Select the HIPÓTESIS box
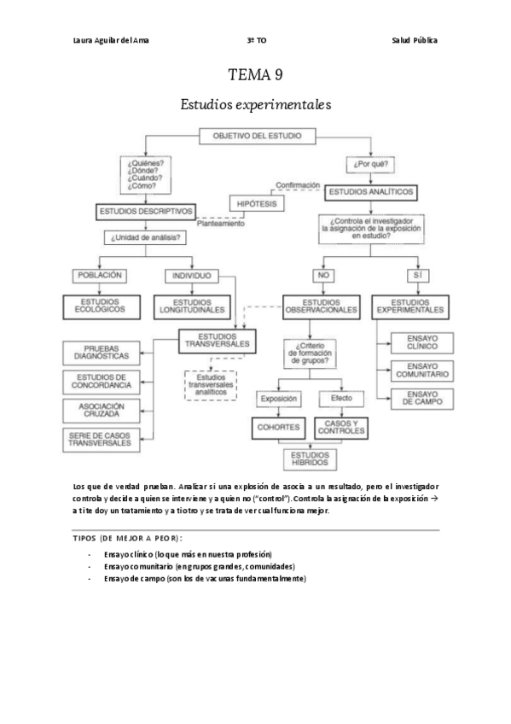257,203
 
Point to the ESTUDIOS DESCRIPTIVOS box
147,211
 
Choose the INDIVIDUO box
191,276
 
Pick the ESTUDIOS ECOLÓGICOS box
100,306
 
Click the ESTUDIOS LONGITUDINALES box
191,306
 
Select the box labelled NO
322,276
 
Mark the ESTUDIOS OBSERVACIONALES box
322,306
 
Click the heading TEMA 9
255,76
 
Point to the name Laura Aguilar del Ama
111,40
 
